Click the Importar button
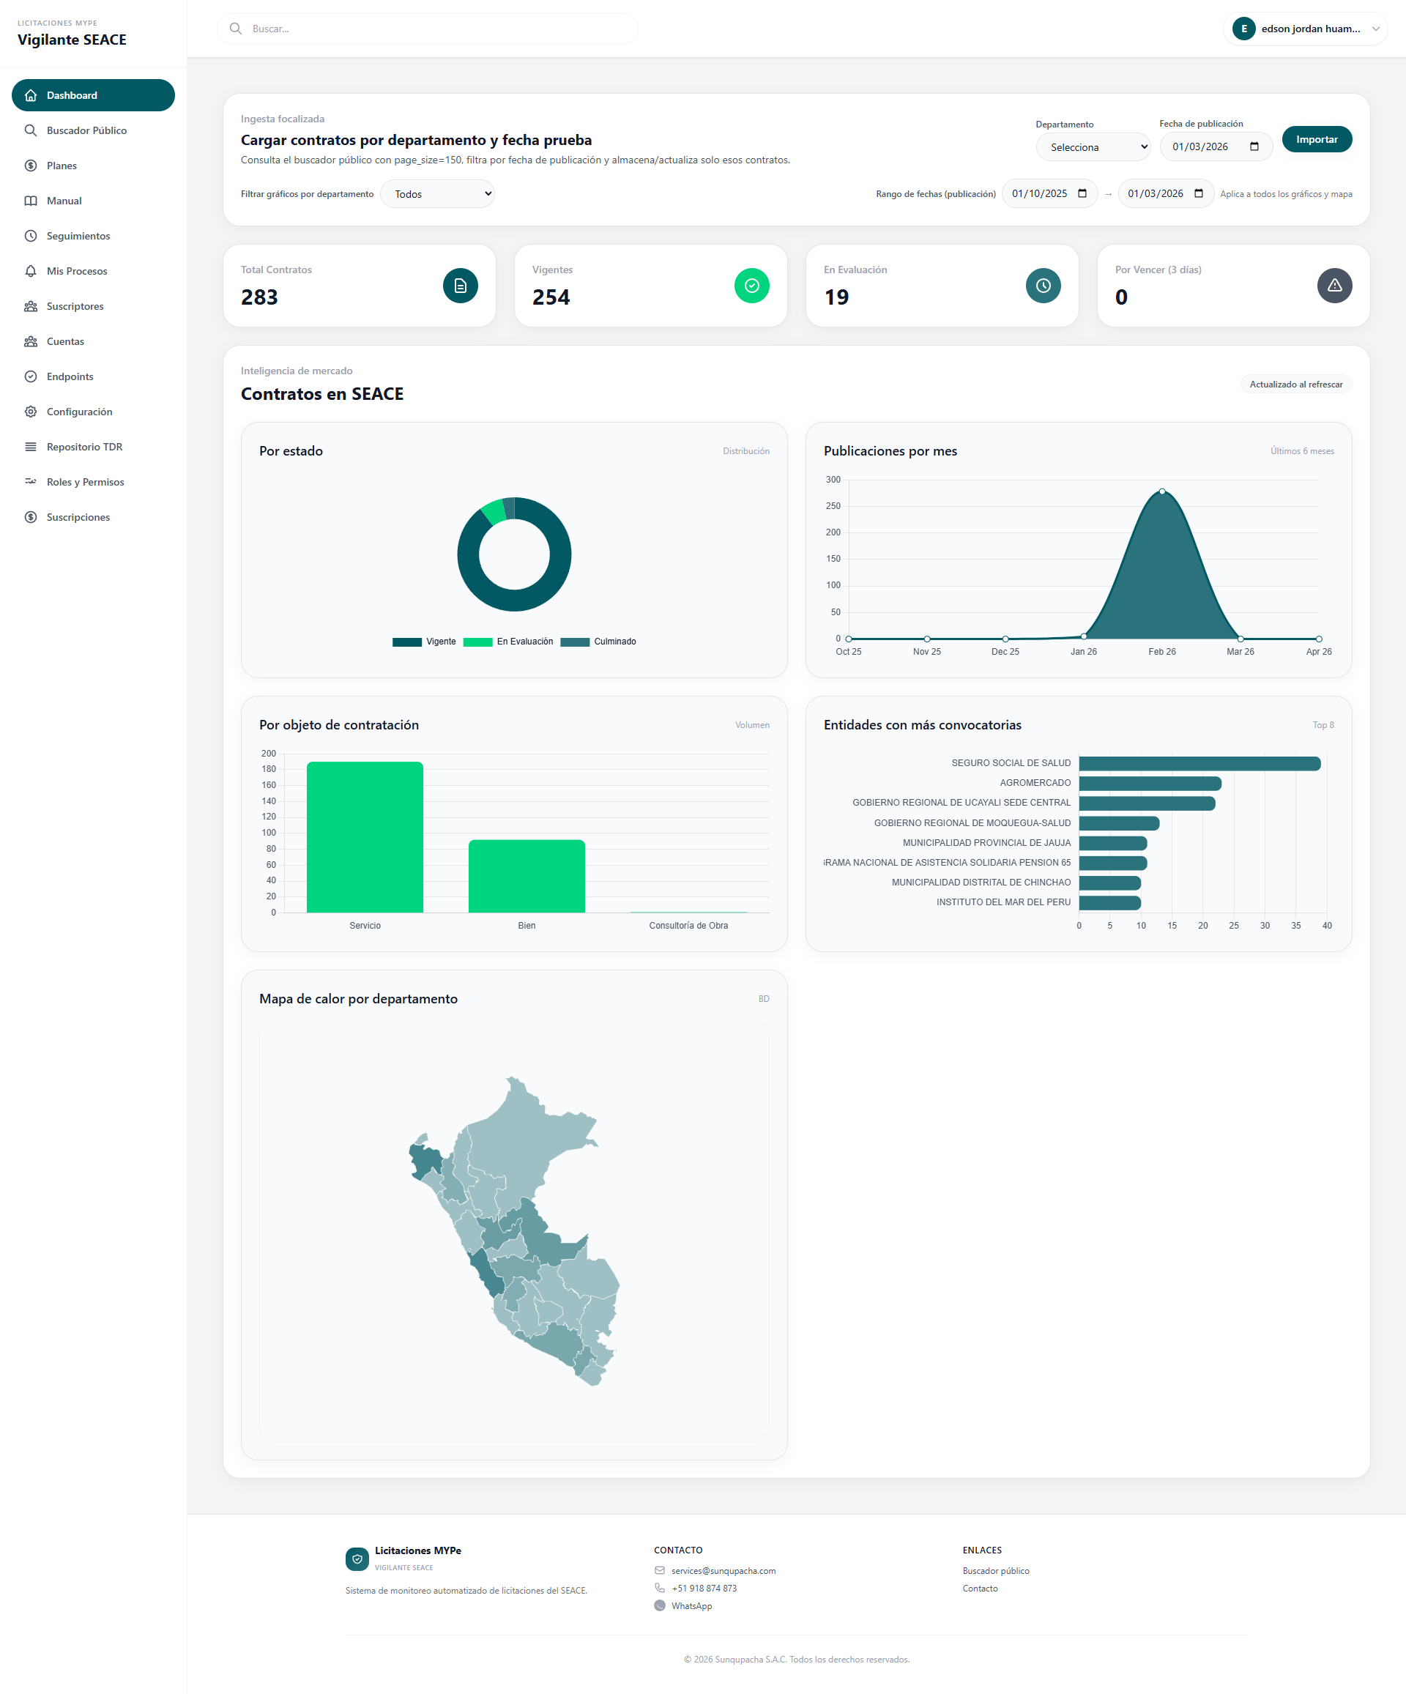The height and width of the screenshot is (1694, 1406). tap(1316, 140)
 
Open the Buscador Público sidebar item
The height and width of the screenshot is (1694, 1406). tap(86, 130)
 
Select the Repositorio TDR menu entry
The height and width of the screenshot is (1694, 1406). tap(84, 447)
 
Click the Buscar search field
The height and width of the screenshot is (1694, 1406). tap(428, 29)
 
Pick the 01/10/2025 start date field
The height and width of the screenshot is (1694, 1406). tap(1048, 193)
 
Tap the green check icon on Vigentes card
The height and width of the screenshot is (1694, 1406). tap(751, 286)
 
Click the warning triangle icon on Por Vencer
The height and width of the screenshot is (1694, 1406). tap(1334, 286)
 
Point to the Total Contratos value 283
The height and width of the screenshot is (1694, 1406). tap(259, 297)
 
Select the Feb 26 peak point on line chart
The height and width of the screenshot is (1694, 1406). tap(1161, 491)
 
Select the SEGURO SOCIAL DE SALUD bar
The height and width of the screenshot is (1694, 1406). tap(1199, 763)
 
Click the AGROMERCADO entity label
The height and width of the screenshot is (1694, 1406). tap(1034, 783)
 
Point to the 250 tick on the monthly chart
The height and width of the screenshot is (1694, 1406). tap(833, 506)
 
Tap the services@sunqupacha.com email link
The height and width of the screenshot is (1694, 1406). tap(723, 1570)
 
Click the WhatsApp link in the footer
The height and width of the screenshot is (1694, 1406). tap(691, 1606)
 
